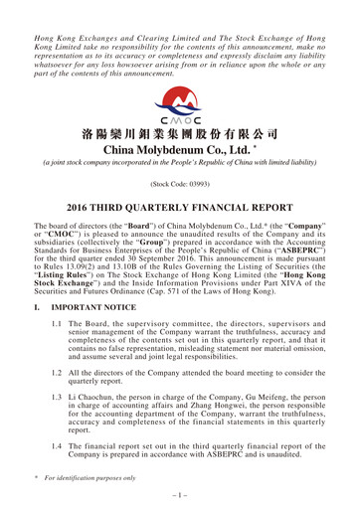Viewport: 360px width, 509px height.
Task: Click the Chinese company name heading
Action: [180, 134]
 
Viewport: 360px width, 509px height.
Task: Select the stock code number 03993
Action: [191, 185]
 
